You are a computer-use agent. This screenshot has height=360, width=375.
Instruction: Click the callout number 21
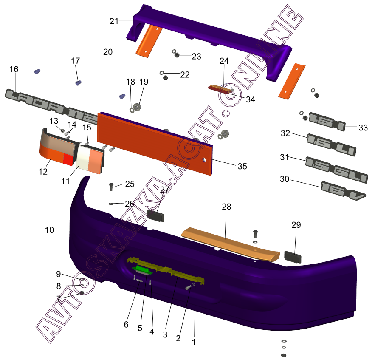[114, 21]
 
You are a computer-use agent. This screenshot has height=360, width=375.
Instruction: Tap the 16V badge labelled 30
[343, 191]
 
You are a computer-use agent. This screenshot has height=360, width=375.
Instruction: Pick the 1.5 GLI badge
[336, 170]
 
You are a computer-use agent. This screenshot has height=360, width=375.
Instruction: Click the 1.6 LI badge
[331, 145]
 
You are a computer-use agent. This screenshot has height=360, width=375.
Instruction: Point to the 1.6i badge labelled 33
[327, 122]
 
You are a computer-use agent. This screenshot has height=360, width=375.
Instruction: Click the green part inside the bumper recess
[143, 270]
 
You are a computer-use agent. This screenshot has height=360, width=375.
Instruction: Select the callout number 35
[242, 166]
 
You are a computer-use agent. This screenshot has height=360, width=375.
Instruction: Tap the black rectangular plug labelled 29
[293, 257]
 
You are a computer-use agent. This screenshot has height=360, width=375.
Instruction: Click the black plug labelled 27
[155, 215]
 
